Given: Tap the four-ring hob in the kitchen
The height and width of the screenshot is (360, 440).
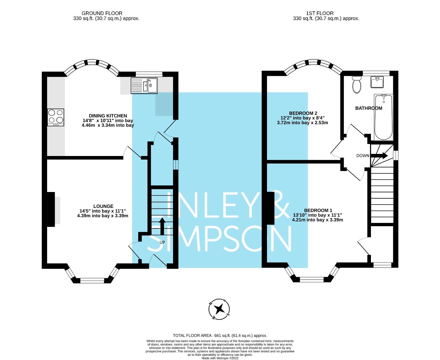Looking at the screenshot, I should point(56,117).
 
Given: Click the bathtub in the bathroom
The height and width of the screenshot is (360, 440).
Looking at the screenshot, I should point(383,117).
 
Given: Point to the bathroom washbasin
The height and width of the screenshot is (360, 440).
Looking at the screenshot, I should point(377,82).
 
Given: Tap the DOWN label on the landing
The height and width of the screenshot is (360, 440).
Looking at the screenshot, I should point(363,156).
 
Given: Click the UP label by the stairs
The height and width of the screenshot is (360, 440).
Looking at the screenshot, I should point(162,242).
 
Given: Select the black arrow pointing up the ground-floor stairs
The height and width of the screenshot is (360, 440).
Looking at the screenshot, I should point(162,226).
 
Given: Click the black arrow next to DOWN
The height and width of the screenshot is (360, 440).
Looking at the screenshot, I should point(379,155).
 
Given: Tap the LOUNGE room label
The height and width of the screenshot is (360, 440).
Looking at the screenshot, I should point(103,206).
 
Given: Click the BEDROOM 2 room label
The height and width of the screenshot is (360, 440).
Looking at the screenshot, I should point(303,113).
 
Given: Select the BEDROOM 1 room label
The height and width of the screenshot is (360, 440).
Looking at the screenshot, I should point(318,210).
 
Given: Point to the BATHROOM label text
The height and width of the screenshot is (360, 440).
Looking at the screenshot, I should point(369,108).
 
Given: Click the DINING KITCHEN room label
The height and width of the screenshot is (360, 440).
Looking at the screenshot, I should point(108,116).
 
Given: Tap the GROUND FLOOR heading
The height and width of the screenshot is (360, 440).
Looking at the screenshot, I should point(102,13).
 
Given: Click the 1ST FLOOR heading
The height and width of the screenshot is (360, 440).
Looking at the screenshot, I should point(320,13).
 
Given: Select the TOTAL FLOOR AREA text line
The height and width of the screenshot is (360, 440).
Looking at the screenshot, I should point(220,336).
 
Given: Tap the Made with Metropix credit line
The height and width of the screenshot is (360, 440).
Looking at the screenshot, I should point(220,358).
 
